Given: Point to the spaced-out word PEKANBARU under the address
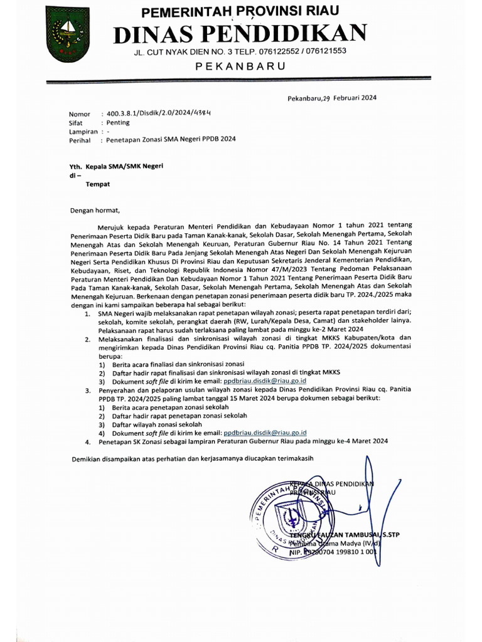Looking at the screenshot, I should coord(240,66).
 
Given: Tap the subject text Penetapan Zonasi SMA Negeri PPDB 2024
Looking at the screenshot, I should coord(171,141).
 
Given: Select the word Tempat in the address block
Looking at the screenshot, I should coord(98,184).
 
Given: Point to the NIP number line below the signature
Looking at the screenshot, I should coord(332,554).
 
